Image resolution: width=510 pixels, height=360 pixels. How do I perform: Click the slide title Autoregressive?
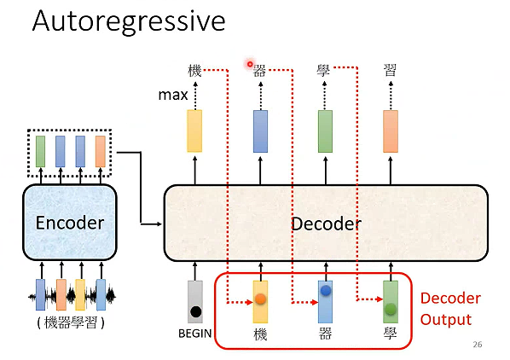(128, 20)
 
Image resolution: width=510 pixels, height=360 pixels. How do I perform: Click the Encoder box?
(70, 223)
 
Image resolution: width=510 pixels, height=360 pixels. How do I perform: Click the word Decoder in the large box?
(326, 224)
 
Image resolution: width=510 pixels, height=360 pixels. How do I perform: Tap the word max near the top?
(173, 95)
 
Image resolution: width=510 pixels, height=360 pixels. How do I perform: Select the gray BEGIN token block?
(195, 301)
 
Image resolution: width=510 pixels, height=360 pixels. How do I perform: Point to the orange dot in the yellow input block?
(260, 299)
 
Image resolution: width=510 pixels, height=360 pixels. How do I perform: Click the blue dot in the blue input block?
(325, 292)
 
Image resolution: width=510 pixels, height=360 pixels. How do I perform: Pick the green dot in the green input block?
(391, 309)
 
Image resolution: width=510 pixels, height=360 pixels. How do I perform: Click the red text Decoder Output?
(449, 309)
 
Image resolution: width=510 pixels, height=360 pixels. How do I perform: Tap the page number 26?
(477, 345)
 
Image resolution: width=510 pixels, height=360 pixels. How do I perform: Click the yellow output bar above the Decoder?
(194, 131)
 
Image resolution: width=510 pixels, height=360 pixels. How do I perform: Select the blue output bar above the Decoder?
(260, 131)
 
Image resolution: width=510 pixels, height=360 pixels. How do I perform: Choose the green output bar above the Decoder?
(325, 131)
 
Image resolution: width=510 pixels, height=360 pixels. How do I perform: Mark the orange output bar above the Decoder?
(391, 131)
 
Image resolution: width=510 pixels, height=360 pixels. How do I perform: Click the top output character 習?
(390, 71)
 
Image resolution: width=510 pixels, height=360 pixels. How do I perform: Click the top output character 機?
(194, 71)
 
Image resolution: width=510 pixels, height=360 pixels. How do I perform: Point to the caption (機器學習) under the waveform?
(70, 323)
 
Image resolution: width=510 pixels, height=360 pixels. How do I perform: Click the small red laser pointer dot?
(250, 64)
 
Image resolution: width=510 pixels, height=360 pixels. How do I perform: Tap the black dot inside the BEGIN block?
(195, 311)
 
